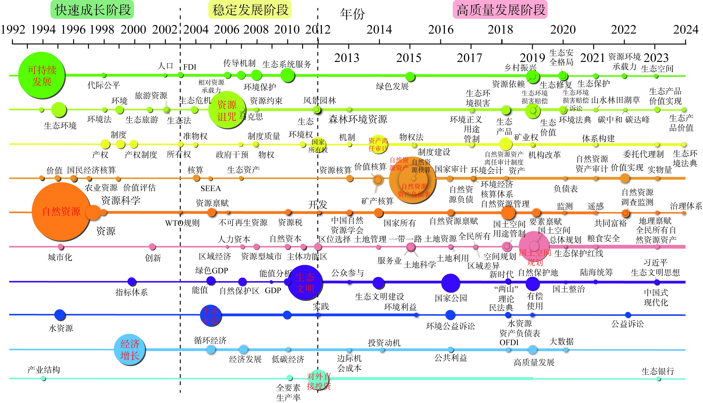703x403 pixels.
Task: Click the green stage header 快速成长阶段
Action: click(x=92, y=10)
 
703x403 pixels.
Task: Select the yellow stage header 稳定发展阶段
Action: click(x=250, y=10)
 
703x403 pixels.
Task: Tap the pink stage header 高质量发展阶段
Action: click(x=500, y=10)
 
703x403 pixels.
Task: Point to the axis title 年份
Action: click(x=352, y=14)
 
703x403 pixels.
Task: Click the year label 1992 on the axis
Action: click(x=13, y=30)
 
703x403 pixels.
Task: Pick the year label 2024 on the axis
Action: click(x=686, y=30)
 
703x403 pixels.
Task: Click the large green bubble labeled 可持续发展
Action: click(x=42, y=75)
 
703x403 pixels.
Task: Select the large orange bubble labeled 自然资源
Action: click(x=61, y=212)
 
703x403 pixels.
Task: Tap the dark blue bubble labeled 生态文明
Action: click(x=305, y=282)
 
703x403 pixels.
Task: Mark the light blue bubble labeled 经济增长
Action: click(x=130, y=350)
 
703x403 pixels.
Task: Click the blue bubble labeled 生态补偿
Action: click(x=210, y=315)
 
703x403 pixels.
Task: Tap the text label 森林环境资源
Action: click(x=358, y=119)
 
